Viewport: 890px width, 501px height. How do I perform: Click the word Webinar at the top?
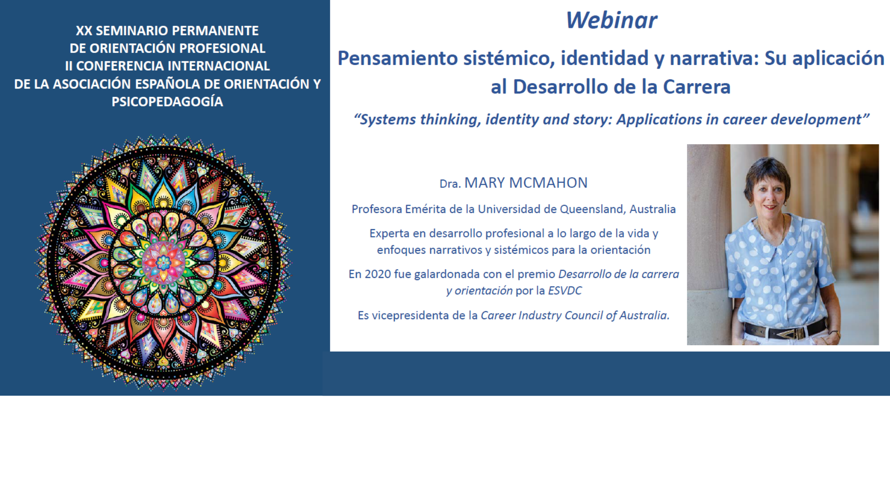pyautogui.click(x=611, y=20)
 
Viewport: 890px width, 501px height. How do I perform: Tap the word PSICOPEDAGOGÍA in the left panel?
pyautogui.click(x=167, y=102)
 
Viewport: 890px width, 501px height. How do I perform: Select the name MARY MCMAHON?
pyautogui.click(x=526, y=183)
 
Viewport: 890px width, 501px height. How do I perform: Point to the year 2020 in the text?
pyautogui.click(x=378, y=274)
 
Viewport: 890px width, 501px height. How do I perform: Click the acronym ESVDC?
pyautogui.click(x=565, y=291)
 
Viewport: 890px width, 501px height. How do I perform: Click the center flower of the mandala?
pyautogui.click(x=163, y=263)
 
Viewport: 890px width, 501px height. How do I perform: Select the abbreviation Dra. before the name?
pyautogui.click(x=450, y=184)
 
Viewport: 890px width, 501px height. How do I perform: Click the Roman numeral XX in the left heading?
pyautogui.click(x=84, y=31)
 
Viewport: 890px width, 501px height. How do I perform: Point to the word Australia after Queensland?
pyautogui.click(x=653, y=209)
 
